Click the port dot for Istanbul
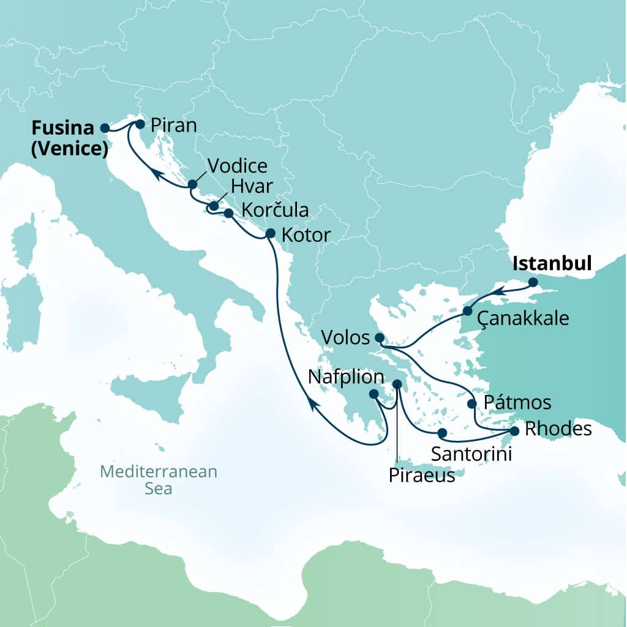coord(533,282)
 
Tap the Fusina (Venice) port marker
coord(105,128)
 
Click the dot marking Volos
coord(379,337)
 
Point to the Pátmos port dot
coord(471,404)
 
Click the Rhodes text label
coord(558,429)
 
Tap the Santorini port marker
coord(442,433)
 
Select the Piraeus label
coord(422,475)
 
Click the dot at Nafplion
coord(374,394)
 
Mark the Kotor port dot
coord(270,233)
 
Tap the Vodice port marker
coord(192,184)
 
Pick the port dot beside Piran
coord(140,124)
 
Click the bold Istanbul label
coord(552,264)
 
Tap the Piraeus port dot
coord(397,384)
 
